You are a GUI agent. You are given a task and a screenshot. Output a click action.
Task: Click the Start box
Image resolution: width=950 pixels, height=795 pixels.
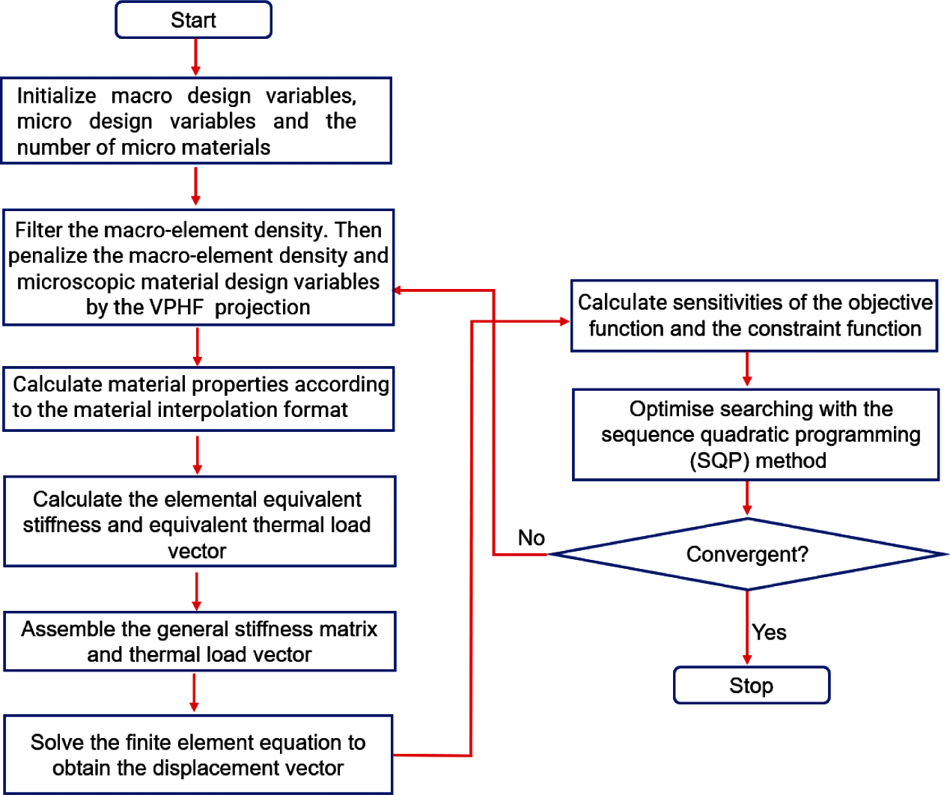[193, 20]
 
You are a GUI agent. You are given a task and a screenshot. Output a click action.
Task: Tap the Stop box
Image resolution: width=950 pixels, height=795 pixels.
[752, 685]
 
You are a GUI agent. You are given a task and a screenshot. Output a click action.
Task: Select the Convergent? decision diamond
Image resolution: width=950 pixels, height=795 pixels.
[747, 554]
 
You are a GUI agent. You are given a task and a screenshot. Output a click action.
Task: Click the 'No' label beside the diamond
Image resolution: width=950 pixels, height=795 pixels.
[532, 537]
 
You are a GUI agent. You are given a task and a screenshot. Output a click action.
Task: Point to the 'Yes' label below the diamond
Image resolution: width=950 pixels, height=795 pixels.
[770, 633]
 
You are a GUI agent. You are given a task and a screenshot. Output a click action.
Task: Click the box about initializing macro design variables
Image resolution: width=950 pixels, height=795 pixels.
[196, 121]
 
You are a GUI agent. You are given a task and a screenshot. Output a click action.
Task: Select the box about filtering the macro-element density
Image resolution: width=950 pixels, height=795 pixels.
[198, 267]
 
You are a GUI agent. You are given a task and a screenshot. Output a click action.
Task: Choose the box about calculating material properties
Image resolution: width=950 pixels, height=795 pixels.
[198, 397]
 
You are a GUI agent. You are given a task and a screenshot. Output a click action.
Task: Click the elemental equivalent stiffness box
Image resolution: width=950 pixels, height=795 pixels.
[199, 522]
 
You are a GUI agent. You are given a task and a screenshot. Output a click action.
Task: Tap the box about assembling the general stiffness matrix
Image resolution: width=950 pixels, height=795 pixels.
[199, 641]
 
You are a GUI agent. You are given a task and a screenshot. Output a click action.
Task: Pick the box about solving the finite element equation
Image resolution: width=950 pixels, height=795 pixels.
[198, 755]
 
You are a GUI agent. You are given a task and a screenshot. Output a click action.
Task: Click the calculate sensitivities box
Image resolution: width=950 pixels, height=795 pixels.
[754, 315]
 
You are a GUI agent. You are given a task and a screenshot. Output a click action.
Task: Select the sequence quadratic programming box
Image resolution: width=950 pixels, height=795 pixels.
[755, 434]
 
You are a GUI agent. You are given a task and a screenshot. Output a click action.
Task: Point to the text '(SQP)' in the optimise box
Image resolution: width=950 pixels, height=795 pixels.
[719, 460]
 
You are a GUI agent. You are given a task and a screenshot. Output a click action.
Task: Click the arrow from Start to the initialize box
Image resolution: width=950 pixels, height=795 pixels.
[195, 57]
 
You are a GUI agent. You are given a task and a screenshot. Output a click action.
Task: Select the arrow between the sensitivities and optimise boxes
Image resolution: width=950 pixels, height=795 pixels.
[747, 369]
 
